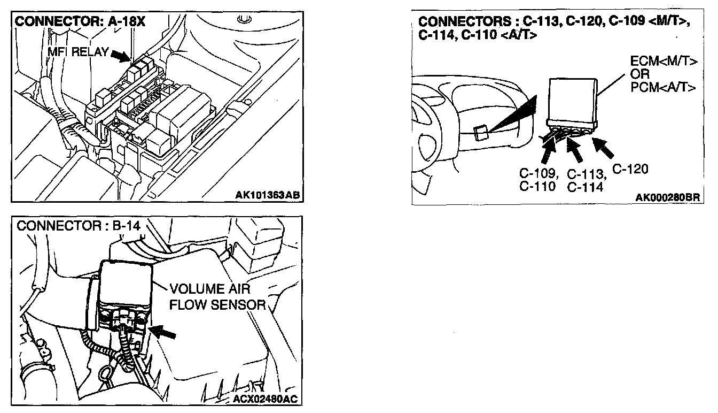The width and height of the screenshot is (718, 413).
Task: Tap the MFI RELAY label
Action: coord(77,52)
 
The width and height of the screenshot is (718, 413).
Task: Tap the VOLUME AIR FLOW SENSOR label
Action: coord(217,297)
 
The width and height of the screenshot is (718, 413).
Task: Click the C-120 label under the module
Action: coord(630,170)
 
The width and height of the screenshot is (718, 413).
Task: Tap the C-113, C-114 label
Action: coord(586,180)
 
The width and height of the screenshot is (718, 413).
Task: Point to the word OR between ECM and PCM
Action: coord(639,74)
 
